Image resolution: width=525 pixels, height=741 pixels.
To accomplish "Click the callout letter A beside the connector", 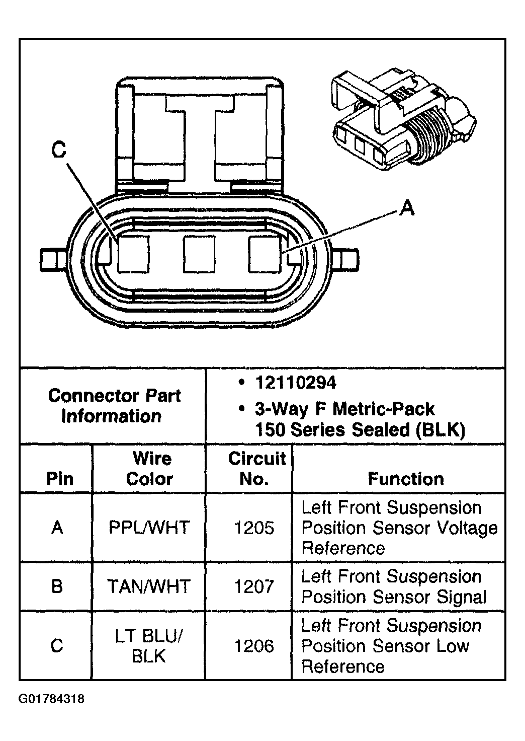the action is (407, 208).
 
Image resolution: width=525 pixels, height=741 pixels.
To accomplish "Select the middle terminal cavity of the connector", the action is (199, 254).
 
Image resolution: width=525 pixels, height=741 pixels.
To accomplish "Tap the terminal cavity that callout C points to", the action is (133, 254).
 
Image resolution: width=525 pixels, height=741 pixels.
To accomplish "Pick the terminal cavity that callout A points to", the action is (265, 254).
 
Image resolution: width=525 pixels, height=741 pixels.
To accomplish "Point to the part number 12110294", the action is (296, 383).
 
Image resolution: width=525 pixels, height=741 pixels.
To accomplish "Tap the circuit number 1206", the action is (254, 646).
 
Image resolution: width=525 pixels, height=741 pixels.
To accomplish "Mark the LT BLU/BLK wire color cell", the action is (149, 646).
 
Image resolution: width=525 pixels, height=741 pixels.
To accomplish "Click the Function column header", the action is (406, 479).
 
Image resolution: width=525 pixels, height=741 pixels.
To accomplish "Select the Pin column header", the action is (60, 479).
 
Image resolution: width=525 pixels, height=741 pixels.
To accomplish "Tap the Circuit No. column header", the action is (257, 469).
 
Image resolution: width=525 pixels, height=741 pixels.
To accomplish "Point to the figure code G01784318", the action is (51, 699).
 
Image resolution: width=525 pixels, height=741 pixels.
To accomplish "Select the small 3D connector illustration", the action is (404, 120).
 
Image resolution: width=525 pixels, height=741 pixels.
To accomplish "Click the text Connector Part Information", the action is (114, 406).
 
